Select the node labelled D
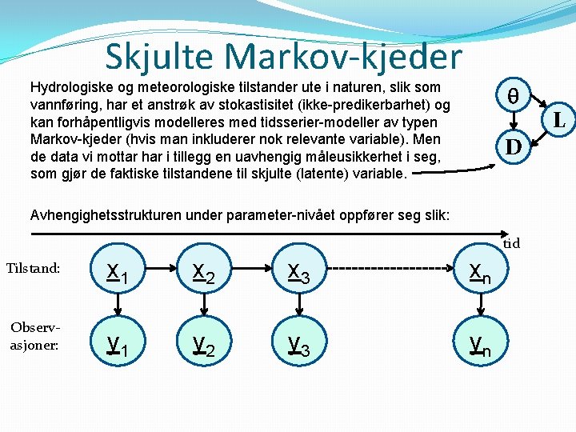coord(513,147)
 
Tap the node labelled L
coord(559,122)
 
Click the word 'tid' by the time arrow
coord(512,243)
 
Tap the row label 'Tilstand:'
coord(33,268)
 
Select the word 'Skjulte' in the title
coord(161,57)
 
